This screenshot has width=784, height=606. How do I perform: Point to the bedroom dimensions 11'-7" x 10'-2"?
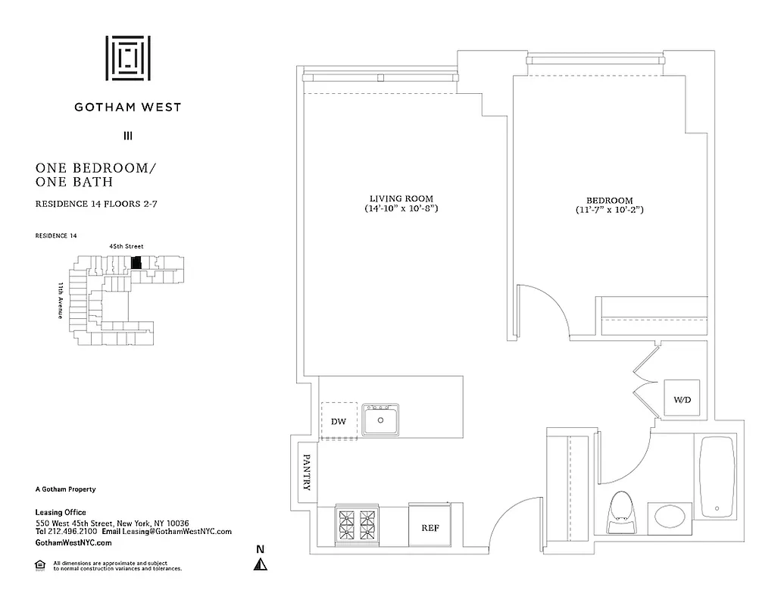coord(610,210)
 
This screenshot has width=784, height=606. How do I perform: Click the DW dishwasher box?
coord(338,421)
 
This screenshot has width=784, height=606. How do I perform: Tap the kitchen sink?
coord(382,420)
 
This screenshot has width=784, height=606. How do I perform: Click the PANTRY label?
coord(307,472)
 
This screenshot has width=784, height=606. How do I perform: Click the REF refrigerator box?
coord(429,527)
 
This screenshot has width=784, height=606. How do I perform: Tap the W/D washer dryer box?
coord(682,399)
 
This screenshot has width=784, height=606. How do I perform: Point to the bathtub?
coord(716,477)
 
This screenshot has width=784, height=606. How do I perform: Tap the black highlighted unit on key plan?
coord(136,263)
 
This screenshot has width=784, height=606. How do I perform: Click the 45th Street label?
coord(127,245)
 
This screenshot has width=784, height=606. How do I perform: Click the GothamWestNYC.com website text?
coord(73,543)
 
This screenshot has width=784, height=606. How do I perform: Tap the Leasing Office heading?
coord(61,513)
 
